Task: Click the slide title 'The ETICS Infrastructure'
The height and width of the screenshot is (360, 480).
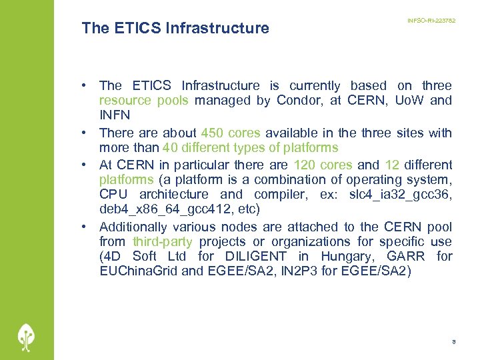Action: [x=175, y=28]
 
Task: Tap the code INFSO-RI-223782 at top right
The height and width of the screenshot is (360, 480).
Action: [x=431, y=21]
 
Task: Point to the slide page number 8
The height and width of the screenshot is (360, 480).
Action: [x=453, y=341]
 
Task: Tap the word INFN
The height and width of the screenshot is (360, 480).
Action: [x=115, y=115]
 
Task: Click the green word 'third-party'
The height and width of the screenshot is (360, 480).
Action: [x=163, y=241]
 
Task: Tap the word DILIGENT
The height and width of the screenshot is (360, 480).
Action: [x=253, y=256]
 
